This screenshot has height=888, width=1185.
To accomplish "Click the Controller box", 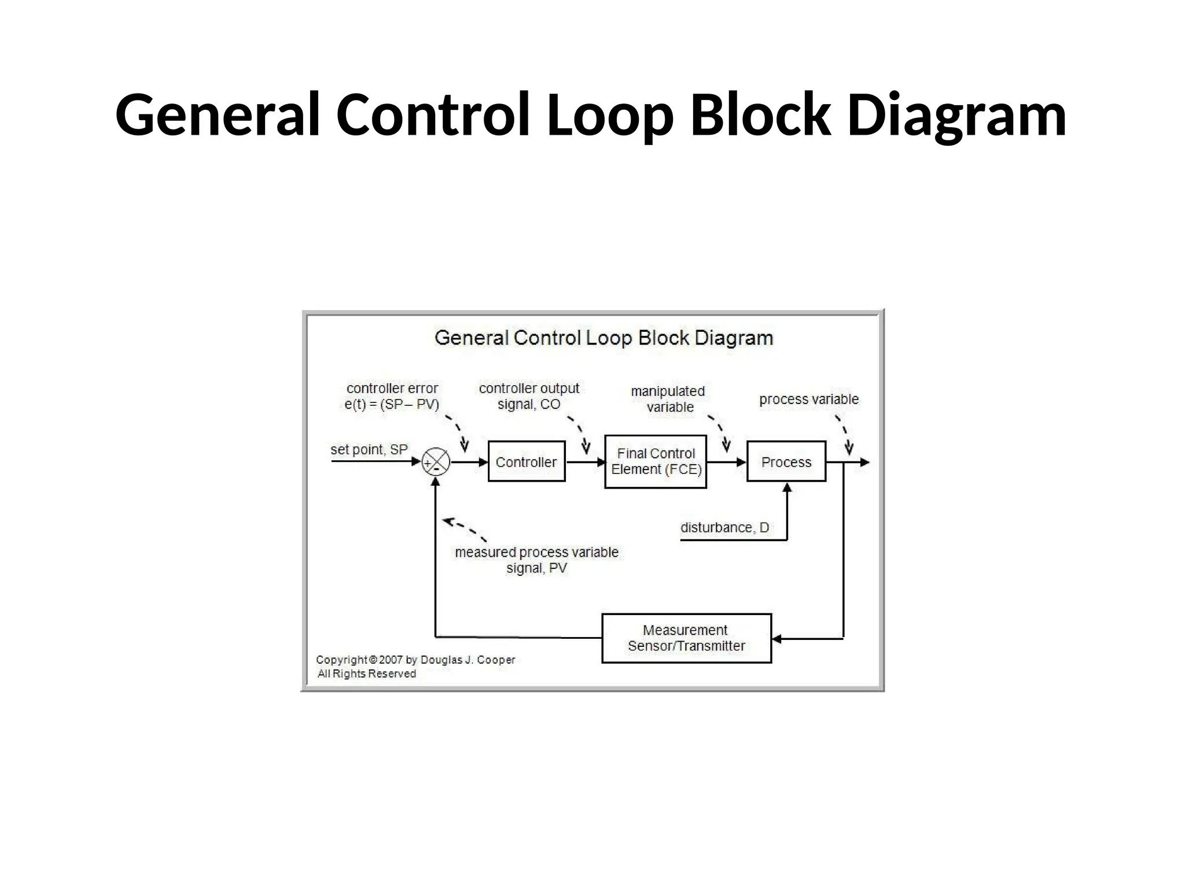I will pos(526,461).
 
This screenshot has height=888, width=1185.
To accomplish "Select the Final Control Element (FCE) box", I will pos(656,461).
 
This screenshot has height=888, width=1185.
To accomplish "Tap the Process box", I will pos(786,461).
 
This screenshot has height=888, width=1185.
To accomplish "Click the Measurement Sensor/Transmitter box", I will pos(686,638).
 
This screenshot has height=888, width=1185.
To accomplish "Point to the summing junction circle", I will pos(436,462).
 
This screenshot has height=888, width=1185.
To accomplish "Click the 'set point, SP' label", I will pos(369,449).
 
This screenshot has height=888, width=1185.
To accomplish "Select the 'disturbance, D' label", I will pos(724,527).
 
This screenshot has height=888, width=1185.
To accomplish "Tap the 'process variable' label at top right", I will pos(808,399).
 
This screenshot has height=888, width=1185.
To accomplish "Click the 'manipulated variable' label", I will pos(668,399).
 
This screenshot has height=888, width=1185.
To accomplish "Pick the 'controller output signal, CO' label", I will pos(529,396).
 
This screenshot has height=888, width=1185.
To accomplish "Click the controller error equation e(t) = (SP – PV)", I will pos(392,404).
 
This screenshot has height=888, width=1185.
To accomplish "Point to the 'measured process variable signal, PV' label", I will pos(536,560).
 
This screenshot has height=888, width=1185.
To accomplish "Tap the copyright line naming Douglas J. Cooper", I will pos(415,660).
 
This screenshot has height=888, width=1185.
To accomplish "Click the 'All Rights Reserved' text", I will pos(366,674).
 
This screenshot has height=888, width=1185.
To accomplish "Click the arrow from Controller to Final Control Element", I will pos(584,462).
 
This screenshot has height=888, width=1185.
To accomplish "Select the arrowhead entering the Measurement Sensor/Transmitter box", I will pos(777,638).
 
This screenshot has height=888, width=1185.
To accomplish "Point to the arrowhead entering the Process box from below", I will pos(787,487).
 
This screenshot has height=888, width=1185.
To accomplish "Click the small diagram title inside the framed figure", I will pos(603,338).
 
